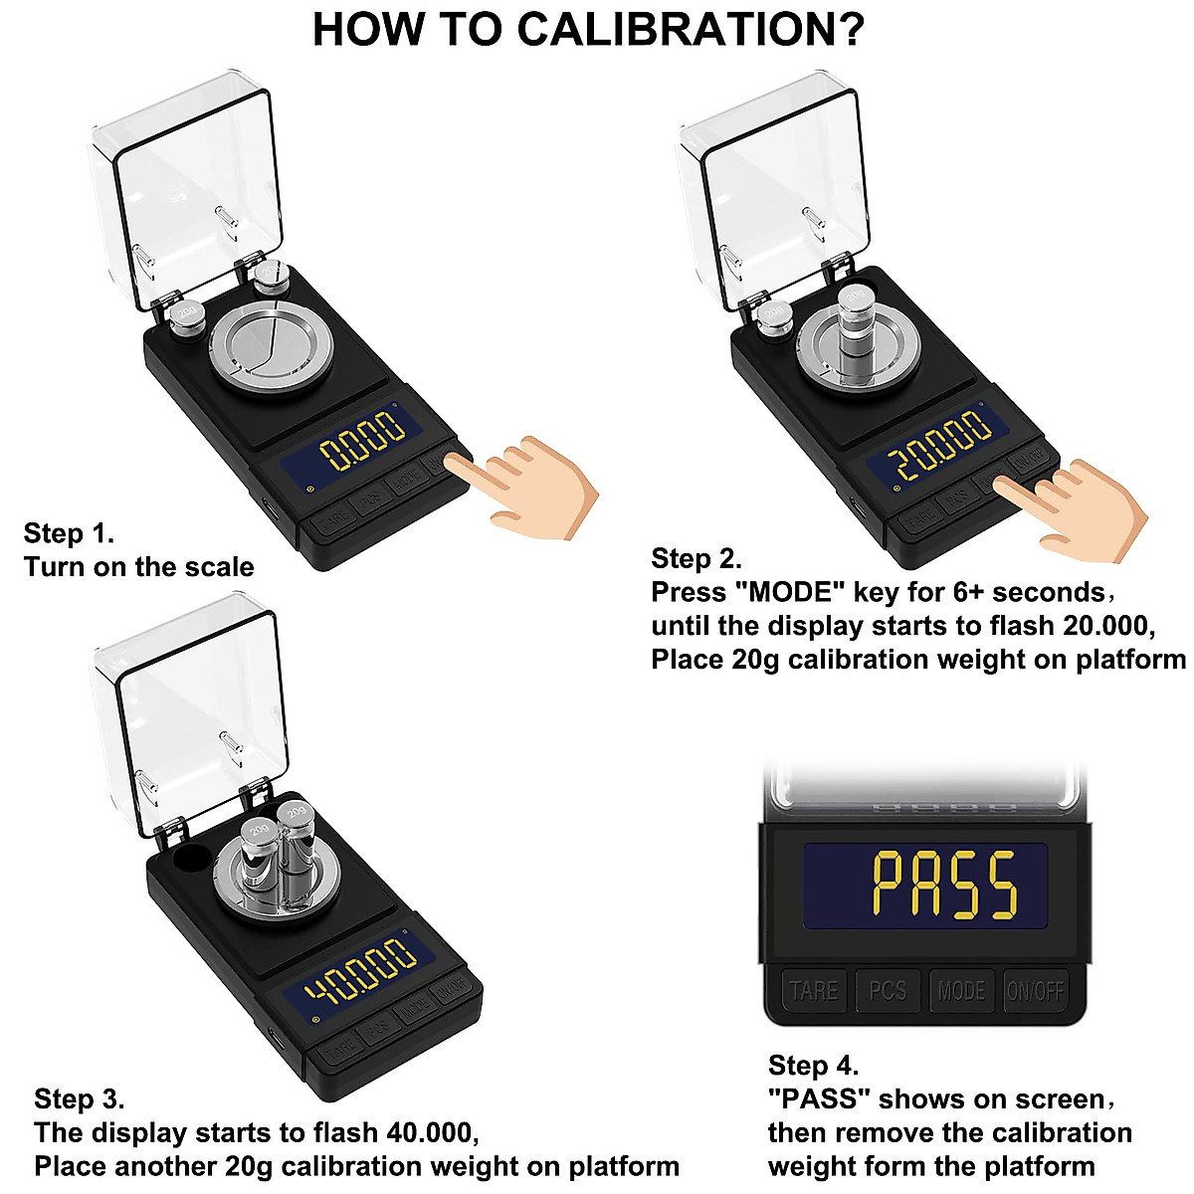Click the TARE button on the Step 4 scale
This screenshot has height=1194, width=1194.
[x=813, y=991]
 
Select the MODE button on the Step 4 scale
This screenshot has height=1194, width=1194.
[x=961, y=991]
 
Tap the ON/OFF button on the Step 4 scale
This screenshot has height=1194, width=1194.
[x=1035, y=991]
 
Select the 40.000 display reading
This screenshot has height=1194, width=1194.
[x=360, y=972]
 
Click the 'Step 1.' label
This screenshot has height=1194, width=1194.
[x=69, y=533]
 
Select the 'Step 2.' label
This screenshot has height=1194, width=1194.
[x=696, y=558]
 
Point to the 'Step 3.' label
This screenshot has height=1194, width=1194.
[x=79, y=1099]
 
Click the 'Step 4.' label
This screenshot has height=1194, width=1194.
[x=813, y=1066]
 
